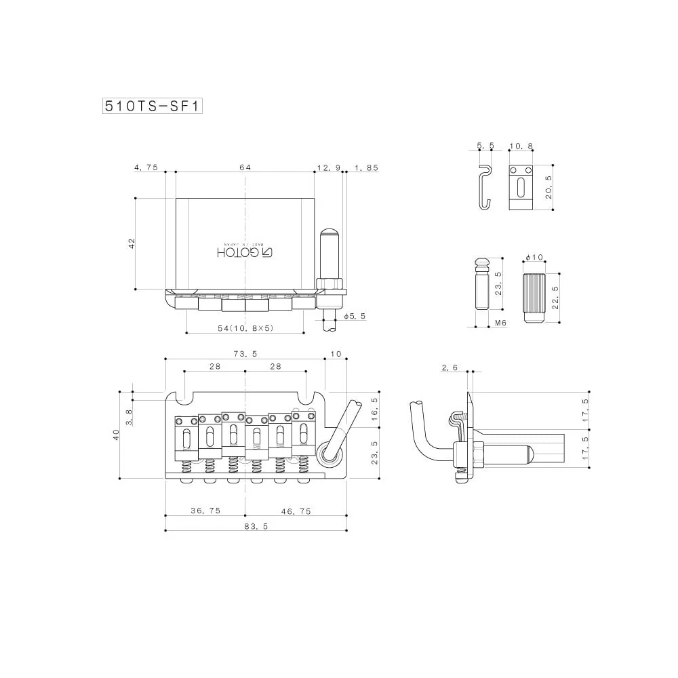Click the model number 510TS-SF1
[153, 106]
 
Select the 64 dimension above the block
[245, 166]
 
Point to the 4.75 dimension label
[146, 166]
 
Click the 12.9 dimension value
[328, 166]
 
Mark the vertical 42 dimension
[132, 243]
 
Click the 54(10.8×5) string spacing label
[245, 328]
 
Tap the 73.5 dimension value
[245, 354]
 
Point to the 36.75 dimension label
[205, 510]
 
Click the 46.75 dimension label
[296, 510]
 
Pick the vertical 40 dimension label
[116, 435]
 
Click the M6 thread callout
[500, 323]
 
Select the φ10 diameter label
[534, 258]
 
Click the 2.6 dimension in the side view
[450, 367]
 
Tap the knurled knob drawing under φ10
[535, 292]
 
